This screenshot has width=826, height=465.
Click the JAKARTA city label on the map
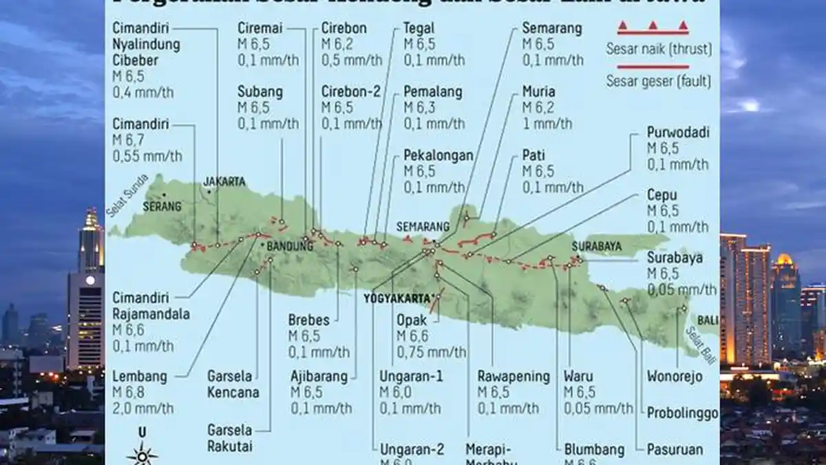click(x=224, y=182)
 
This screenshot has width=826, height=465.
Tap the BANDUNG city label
click(x=284, y=246)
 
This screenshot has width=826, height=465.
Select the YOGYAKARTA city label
click(x=396, y=299)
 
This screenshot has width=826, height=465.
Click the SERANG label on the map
click(x=162, y=206)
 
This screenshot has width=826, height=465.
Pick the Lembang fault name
click(x=140, y=377)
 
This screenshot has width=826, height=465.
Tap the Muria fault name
click(x=538, y=92)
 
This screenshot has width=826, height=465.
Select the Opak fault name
click(x=412, y=320)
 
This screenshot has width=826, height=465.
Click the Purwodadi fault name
click(x=678, y=133)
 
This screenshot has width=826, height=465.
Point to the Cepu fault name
click(x=662, y=195)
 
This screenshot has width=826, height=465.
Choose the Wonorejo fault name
click(x=675, y=377)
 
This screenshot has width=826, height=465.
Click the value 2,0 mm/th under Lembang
click(x=143, y=409)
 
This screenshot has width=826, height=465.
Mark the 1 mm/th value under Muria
click(x=547, y=123)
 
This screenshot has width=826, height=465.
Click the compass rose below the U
click(x=142, y=455)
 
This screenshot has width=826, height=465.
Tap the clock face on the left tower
click(x=89, y=280)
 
